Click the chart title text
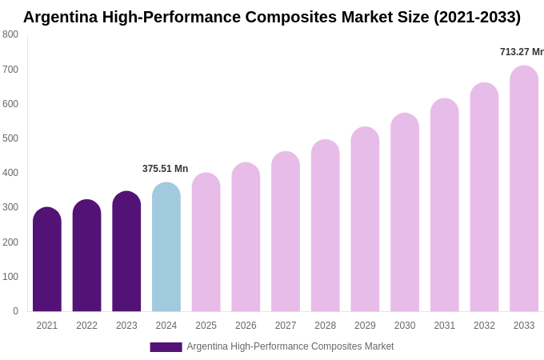point(271,17)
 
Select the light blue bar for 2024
point(166,248)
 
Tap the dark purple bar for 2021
point(47,260)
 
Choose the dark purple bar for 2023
point(126,252)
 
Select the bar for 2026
point(246,238)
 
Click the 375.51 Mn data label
point(165,169)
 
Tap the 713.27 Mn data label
point(522,52)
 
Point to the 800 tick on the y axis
point(10,34)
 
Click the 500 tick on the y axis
point(10,138)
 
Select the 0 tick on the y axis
point(15,311)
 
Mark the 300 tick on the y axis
point(10,207)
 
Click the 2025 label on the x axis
point(206,326)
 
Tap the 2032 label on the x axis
point(484,326)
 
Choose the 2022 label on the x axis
point(86,326)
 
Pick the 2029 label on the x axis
point(365,326)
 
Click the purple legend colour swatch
point(166,347)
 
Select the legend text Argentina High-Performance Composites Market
point(290,346)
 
